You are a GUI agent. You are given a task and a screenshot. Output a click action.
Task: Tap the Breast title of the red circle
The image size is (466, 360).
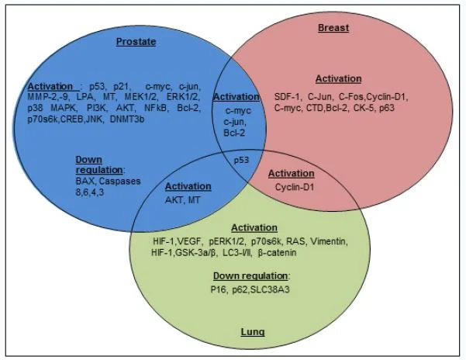click(333, 28)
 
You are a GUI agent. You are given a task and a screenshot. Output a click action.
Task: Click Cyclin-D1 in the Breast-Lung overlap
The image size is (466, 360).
click(292, 187)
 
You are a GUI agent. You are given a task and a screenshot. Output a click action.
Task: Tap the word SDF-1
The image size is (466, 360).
click(288, 96)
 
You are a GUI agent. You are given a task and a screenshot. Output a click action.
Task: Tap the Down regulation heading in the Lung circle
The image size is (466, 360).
click(250, 275)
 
